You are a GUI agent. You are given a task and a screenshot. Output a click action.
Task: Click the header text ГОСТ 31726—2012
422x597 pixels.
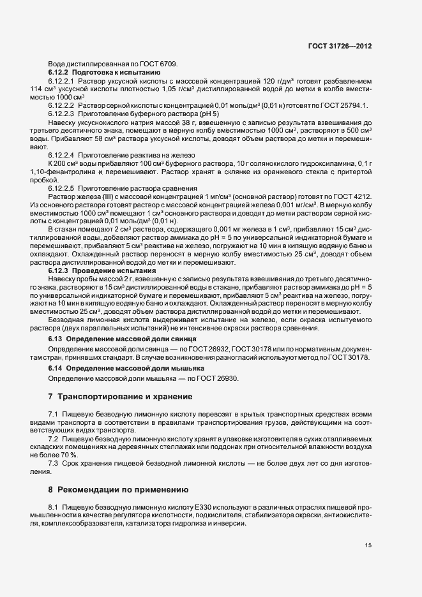coord(339,47)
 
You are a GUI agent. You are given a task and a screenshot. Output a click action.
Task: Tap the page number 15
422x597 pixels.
coord(368,545)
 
